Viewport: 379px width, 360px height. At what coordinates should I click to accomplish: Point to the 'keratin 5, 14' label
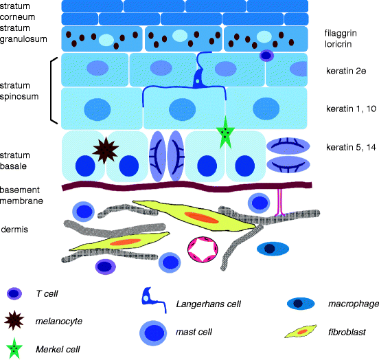350,147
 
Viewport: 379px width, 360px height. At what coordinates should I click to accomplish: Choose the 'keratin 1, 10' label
349,109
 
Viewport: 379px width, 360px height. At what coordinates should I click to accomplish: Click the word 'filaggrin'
341,33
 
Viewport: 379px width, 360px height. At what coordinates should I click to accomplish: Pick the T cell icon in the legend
14,295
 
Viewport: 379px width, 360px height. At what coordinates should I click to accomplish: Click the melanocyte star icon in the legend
15,322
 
